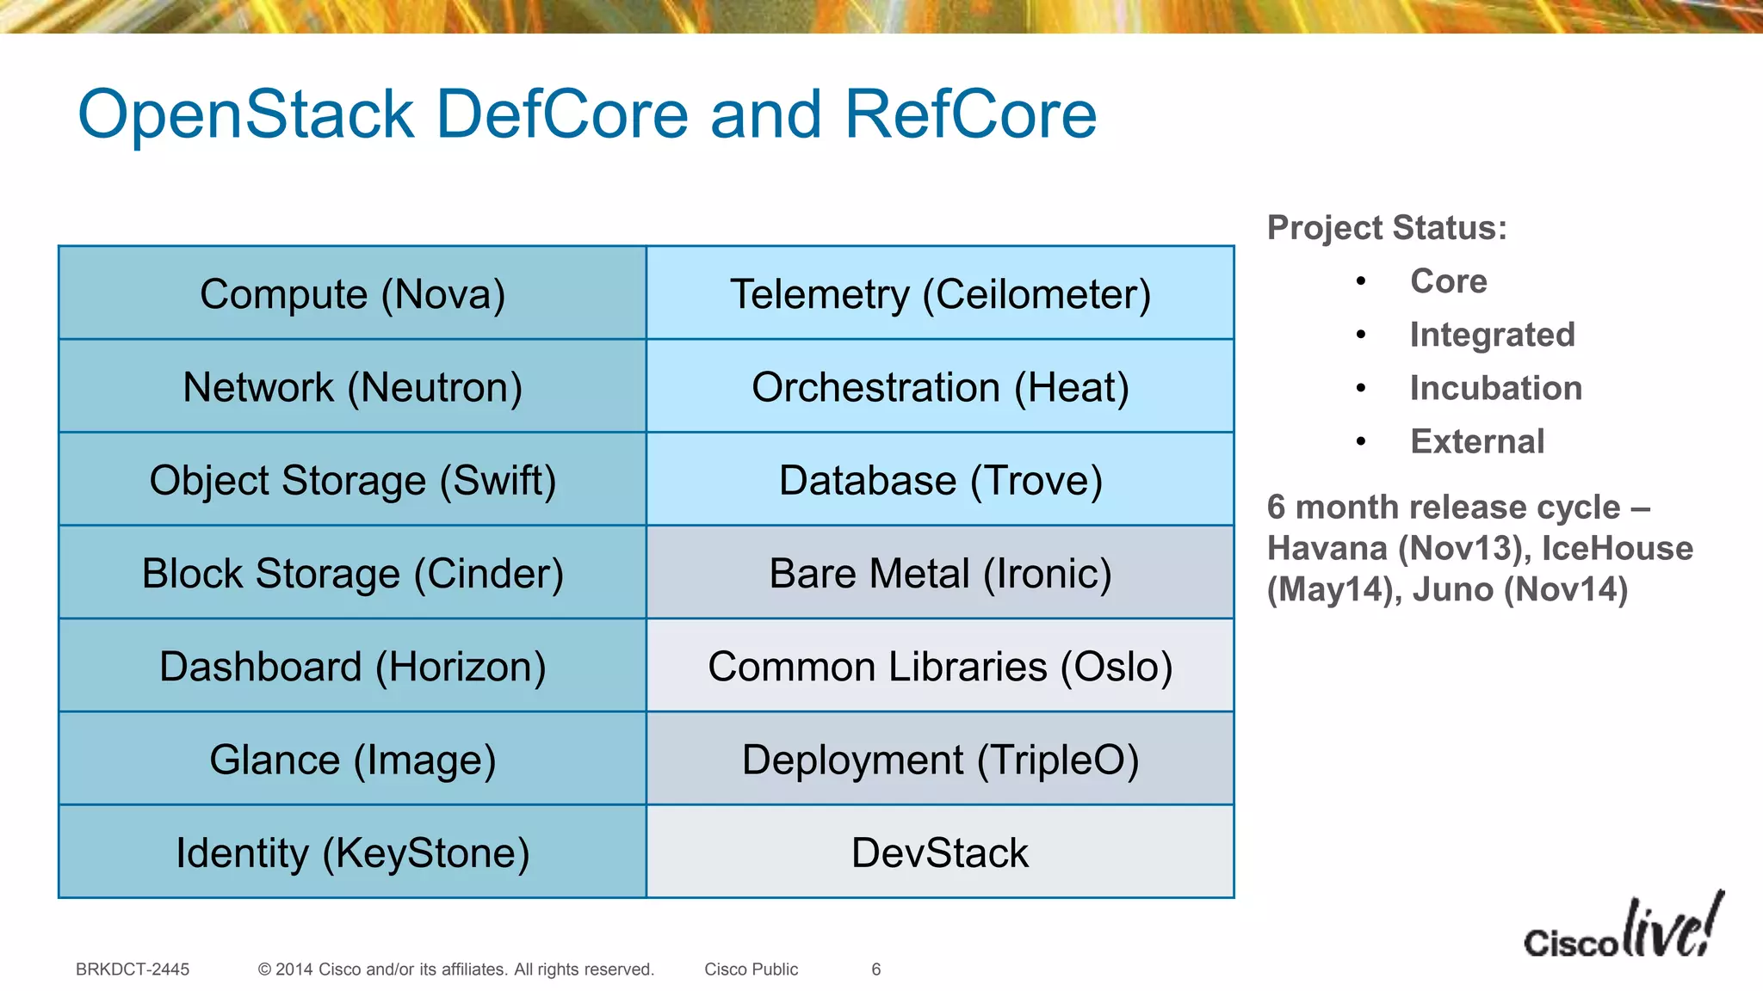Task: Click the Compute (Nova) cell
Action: pyautogui.click(x=352, y=293)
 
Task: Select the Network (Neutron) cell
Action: pyautogui.click(x=352, y=386)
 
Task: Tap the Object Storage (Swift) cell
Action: pyautogui.click(x=352, y=479)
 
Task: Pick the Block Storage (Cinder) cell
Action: pyautogui.click(x=352, y=573)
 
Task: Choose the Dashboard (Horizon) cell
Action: pyautogui.click(x=352, y=666)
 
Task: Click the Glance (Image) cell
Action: pyautogui.click(x=352, y=760)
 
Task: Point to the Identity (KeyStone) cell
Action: pyautogui.click(x=352, y=853)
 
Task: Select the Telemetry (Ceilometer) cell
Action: pyautogui.click(x=940, y=293)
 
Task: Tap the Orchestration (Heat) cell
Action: pyautogui.click(x=940, y=386)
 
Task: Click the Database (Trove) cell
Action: pyautogui.click(x=940, y=479)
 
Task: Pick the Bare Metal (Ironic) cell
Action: pyautogui.click(x=940, y=573)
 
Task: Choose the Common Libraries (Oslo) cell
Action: pyautogui.click(x=940, y=666)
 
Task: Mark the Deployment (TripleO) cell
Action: pyautogui.click(x=940, y=760)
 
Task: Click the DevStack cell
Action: pyautogui.click(x=940, y=853)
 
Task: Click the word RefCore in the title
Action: pyautogui.click(x=970, y=114)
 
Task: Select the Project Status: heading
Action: pyautogui.click(x=1387, y=228)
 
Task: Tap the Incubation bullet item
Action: pyautogui.click(x=1495, y=388)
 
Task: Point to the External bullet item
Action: pyautogui.click(x=1476, y=441)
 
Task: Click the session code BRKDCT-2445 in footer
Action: pyautogui.click(x=133, y=969)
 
